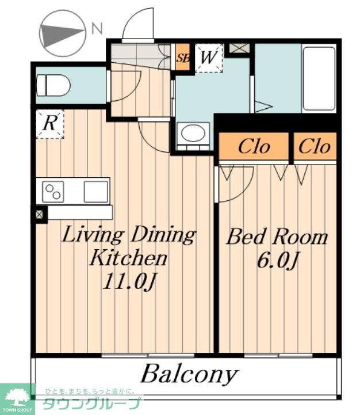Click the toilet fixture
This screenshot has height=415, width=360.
[53, 85]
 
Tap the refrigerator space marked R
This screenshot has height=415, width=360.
[50, 124]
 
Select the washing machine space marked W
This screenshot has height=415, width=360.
[209, 58]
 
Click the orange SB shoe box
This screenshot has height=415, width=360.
[183, 58]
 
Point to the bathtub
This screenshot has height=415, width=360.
[319, 79]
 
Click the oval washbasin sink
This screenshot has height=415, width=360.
[193, 133]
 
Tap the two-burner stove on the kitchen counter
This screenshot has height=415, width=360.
[53, 192]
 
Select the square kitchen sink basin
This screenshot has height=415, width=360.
[96, 192]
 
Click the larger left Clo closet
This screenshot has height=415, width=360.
[254, 146]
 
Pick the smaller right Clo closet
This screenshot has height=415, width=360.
[315, 146]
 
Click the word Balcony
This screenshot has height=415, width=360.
[189, 375]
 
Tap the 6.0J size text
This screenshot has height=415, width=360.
[277, 261]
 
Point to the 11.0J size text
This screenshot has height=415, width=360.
[129, 281]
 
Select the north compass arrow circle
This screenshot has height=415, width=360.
[63, 33]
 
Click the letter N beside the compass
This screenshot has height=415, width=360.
[97, 29]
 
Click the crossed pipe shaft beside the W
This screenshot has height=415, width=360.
[239, 48]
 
